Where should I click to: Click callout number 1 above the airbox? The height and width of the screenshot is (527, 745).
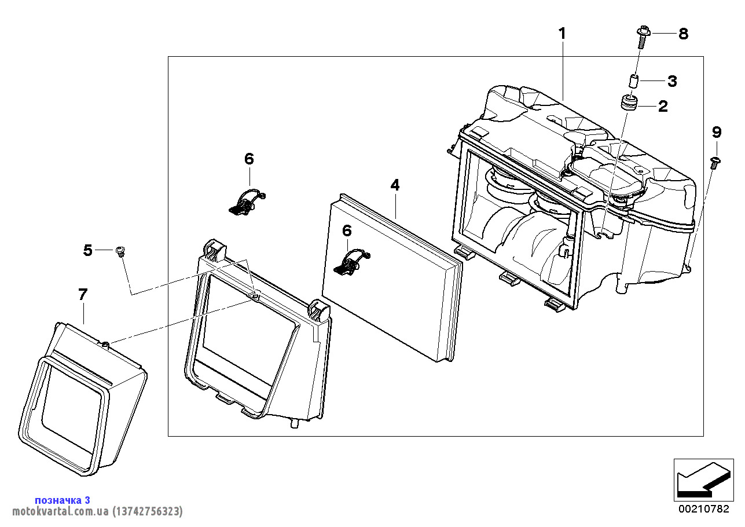[561, 33]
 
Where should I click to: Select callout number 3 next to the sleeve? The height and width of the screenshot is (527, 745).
[671, 81]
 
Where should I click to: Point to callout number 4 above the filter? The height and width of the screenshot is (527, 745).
[395, 185]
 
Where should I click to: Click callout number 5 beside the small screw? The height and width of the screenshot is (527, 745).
[87, 250]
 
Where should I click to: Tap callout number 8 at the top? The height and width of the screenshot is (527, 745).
[683, 34]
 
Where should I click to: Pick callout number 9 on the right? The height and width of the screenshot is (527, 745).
[717, 133]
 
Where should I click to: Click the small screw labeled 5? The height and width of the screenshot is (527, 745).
[121, 251]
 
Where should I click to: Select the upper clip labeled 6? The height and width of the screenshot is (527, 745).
[245, 202]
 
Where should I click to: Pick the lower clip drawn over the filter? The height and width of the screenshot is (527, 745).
[352, 262]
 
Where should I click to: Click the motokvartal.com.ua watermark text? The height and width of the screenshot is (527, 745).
[97, 511]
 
